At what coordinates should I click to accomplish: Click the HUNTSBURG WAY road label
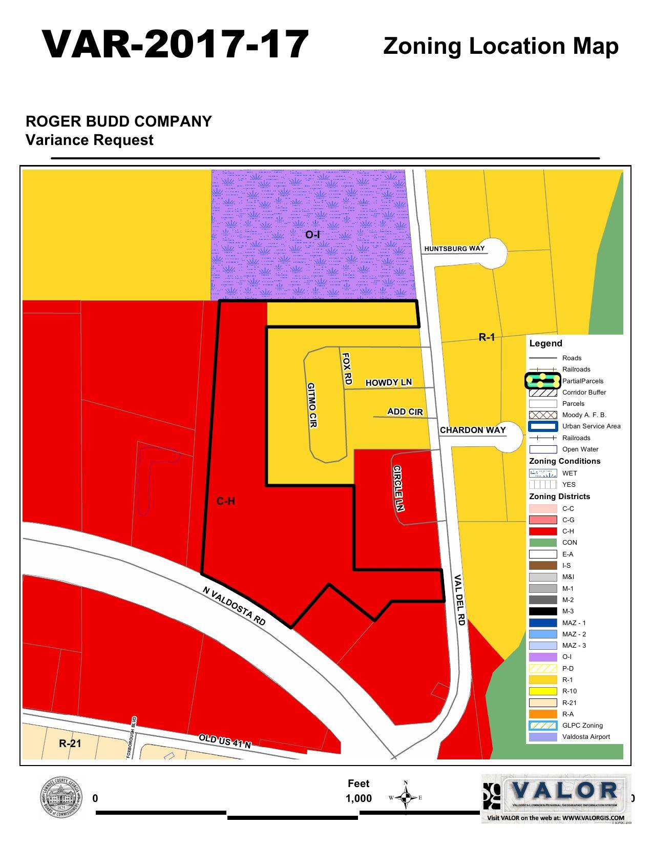point(454,249)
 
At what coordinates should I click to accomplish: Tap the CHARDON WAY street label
point(473,430)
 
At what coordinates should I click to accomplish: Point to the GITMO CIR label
point(312,405)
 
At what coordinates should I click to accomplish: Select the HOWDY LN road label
point(388,382)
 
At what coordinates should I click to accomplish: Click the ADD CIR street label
point(405,411)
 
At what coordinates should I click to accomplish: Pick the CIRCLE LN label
point(398,488)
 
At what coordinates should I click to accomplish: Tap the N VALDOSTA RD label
point(235,606)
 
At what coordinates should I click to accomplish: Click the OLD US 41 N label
point(225,741)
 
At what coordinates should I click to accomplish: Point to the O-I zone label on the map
point(312,235)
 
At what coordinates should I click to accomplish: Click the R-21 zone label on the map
point(70,743)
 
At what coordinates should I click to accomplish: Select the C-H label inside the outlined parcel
point(225,501)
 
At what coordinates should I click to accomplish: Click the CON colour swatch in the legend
point(543,543)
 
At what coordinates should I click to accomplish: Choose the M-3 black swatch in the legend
point(543,611)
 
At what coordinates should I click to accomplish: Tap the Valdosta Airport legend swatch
point(543,737)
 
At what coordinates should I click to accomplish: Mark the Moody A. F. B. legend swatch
point(543,415)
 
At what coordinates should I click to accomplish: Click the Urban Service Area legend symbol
point(543,426)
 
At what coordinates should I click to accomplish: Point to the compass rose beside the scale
point(406,797)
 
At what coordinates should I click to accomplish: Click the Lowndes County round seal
point(61,797)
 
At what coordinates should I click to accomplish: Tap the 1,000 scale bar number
point(359,798)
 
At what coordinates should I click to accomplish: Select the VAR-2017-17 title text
point(175,45)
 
